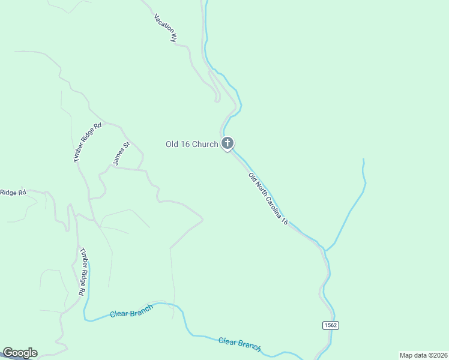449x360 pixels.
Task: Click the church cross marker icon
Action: [x=227, y=143]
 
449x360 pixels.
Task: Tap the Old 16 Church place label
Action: [x=191, y=144]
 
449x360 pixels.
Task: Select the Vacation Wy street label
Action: [x=166, y=28]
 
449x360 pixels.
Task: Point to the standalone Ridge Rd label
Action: [x=13, y=193]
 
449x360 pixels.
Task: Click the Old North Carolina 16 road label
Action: [x=268, y=199]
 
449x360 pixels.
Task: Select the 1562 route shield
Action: [x=330, y=325]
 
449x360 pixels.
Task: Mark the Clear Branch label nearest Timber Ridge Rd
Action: [x=131, y=311]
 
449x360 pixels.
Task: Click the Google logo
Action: [x=20, y=353]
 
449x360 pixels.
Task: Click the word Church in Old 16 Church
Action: [x=205, y=144]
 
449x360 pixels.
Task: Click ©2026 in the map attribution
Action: [x=436, y=355]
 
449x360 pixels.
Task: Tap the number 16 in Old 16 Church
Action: [x=185, y=144]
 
